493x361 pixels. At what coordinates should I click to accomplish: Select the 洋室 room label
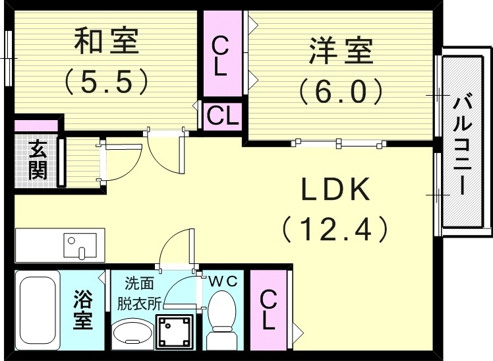pos(341,52)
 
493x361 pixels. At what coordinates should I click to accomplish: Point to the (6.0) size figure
pos(341,90)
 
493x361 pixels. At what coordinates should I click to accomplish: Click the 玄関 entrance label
pos(38,160)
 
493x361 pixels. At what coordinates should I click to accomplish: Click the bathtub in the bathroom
pos(39,310)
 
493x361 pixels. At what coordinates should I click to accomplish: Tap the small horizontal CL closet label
pos(222,117)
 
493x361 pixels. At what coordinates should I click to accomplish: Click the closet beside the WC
pos(268,310)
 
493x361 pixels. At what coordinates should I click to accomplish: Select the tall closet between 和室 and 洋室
pos(221,55)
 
